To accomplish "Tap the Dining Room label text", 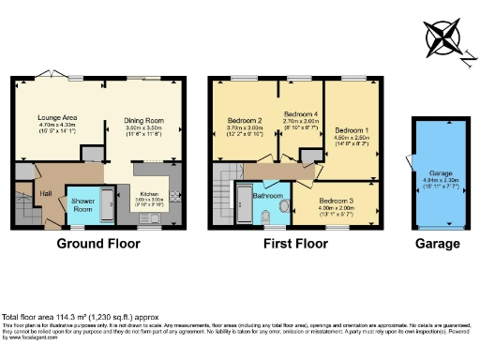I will (144, 120).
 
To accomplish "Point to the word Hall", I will (44, 193).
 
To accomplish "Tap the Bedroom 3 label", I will (336, 202).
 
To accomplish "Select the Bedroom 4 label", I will (301, 113).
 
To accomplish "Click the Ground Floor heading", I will (98, 244).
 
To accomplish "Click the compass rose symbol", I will (446, 39).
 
